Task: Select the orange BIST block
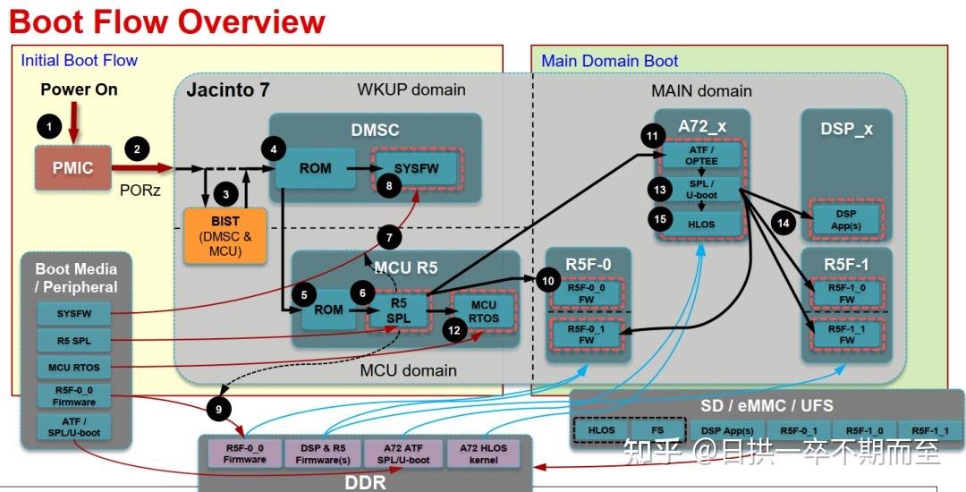[225, 235]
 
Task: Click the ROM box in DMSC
[315, 168]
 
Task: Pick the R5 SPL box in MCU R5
[399, 309]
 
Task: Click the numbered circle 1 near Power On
[49, 127]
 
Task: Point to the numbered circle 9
[217, 409]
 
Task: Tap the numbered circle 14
[784, 224]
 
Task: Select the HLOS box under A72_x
[702, 224]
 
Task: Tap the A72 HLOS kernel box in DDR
[483, 454]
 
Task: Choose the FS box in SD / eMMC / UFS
[657, 430]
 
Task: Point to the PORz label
[140, 190]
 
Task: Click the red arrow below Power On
[75, 121]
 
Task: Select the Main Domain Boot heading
[610, 61]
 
